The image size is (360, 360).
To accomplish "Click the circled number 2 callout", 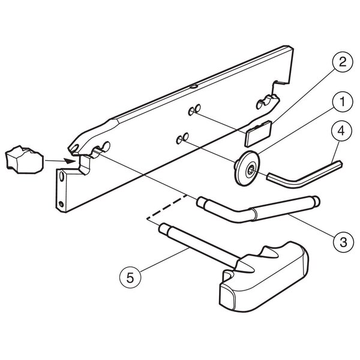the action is click(x=343, y=62).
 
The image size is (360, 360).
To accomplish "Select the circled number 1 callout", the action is click(x=343, y=102).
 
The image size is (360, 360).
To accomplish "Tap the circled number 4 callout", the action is click(x=341, y=131).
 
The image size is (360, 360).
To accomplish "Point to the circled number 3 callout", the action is click(x=343, y=242).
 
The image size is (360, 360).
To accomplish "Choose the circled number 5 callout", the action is click(x=130, y=278).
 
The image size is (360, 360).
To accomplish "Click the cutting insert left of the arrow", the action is click(x=24, y=160).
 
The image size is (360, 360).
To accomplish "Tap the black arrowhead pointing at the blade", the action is click(x=70, y=161).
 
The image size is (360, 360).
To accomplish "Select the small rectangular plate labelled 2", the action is click(x=258, y=134).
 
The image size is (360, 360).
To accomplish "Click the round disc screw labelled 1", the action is click(x=247, y=168).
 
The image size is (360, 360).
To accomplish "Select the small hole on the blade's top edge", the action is click(x=194, y=86).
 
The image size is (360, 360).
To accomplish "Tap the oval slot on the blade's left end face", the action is click(x=62, y=176).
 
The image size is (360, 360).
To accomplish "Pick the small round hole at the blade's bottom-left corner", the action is click(x=61, y=204).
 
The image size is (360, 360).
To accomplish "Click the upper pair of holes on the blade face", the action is click(x=194, y=110).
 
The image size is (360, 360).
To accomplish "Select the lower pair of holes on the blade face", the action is click(x=182, y=138).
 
